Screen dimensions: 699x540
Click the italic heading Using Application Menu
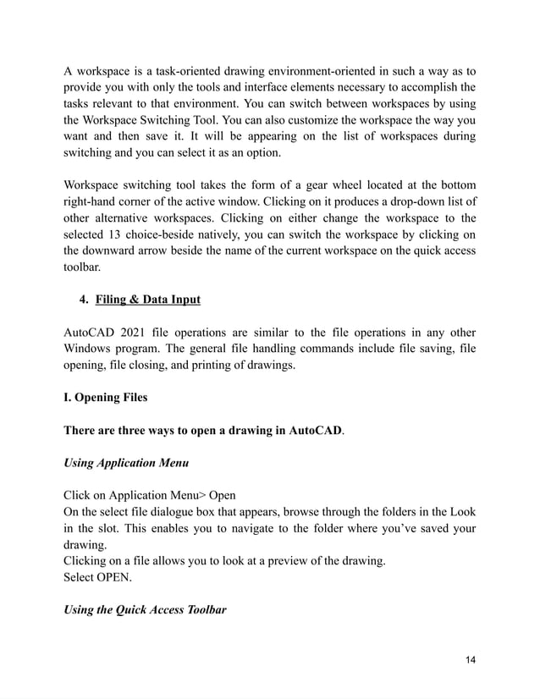pyautogui.click(x=121, y=463)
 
